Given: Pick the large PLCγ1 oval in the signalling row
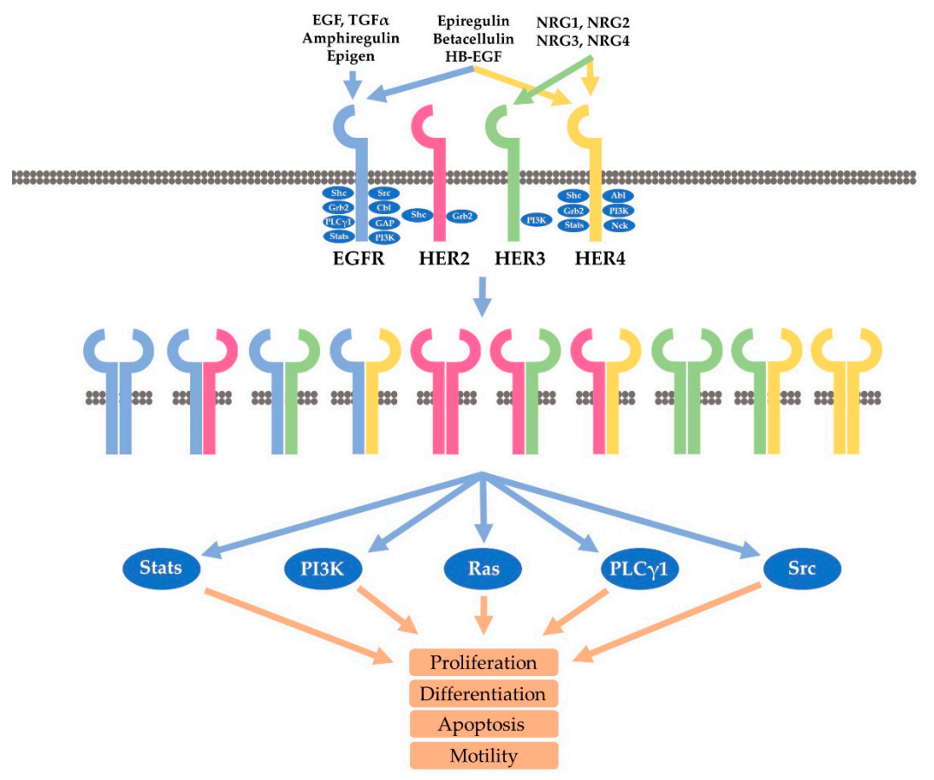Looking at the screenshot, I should point(639,569).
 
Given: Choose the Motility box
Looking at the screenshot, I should point(484,755).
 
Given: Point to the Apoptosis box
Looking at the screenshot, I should point(484,724).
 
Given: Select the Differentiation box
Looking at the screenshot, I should point(483,693).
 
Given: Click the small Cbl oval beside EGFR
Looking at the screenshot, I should point(382,207).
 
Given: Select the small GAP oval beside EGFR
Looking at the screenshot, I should point(382,222).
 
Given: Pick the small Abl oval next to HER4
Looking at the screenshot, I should point(618,196).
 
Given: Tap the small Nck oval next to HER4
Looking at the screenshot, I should point(618,225).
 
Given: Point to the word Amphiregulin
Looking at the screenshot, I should point(350,39).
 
